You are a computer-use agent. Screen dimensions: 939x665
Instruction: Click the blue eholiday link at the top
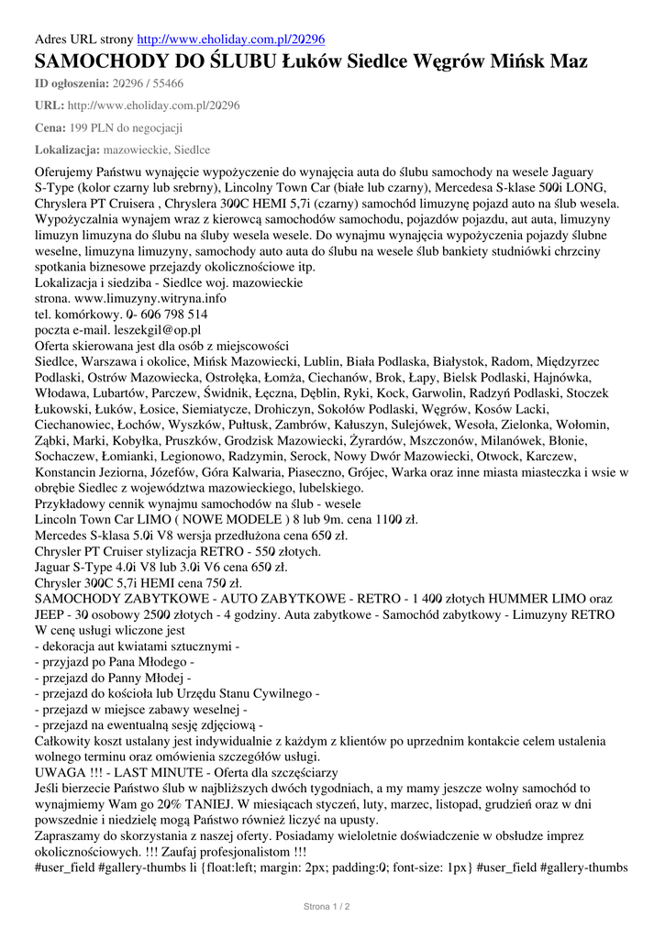230,39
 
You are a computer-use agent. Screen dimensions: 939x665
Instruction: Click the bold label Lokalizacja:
67,149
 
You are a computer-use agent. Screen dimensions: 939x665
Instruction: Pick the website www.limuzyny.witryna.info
150,298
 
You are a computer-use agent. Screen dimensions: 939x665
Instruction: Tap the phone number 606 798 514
168,314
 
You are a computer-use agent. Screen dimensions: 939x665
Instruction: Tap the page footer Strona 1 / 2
327,906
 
